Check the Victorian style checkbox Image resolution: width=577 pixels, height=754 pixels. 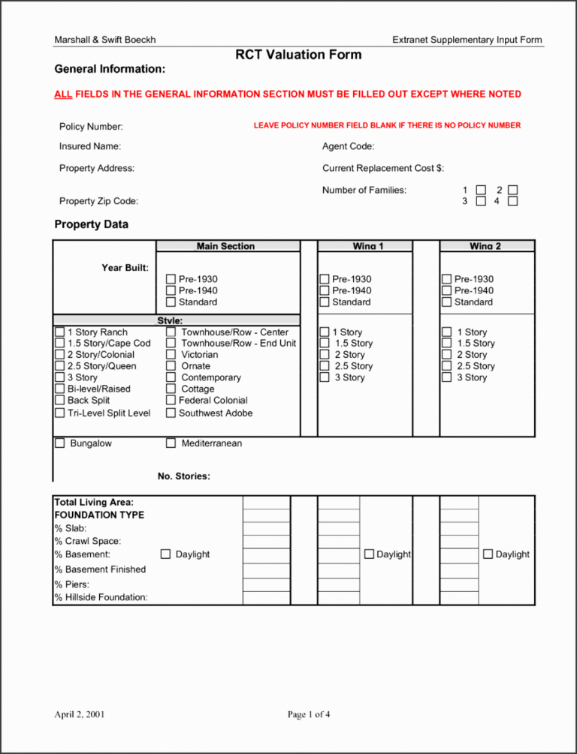pyautogui.click(x=171, y=355)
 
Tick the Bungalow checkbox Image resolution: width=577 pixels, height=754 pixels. pyautogui.click(x=60, y=443)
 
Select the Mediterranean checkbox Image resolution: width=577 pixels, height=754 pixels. pyautogui.click(x=171, y=443)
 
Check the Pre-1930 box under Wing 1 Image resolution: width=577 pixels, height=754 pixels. pyautogui.click(x=325, y=279)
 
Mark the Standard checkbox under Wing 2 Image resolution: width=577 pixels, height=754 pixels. pyautogui.click(x=447, y=302)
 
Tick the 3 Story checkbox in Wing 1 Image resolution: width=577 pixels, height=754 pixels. pyautogui.click(x=325, y=377)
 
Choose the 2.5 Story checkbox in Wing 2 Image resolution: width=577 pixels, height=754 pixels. pyautogui.click(x=447, y=366)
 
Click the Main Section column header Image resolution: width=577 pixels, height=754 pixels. pyautogui.click(x=225, y=246)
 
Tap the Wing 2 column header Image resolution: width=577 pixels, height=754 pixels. pyautogui.click(x=485, y=246)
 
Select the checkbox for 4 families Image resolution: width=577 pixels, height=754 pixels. pyautogui.click(x=512, y=201)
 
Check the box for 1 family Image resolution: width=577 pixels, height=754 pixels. pyautogui.click(x=481, y=190)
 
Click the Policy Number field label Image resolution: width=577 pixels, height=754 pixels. pyautogui.click(x=91, y=127)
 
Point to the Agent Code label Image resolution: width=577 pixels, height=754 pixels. pyautogui.click(x=348, y=147)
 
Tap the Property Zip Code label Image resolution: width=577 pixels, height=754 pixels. pyautogui.click(x=98, y=201)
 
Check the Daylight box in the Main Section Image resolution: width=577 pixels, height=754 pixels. pyautogui.click(x=166, y=554)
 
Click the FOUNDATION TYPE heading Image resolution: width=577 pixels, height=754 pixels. pyautogui.click(x=99, y=515)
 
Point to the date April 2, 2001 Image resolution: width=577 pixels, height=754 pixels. pyautogui.click(x=80, y=714)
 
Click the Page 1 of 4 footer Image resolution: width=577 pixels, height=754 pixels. pyautogui.click(x=309, y=714)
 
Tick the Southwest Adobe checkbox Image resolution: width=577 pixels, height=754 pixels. pyautogui.click(x=171, y=413)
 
